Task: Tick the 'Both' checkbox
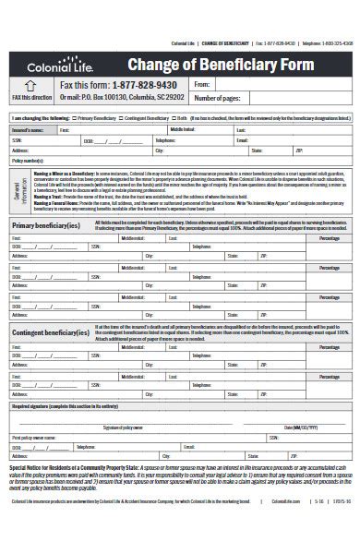pyautogui.click(x=196, y=119)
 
